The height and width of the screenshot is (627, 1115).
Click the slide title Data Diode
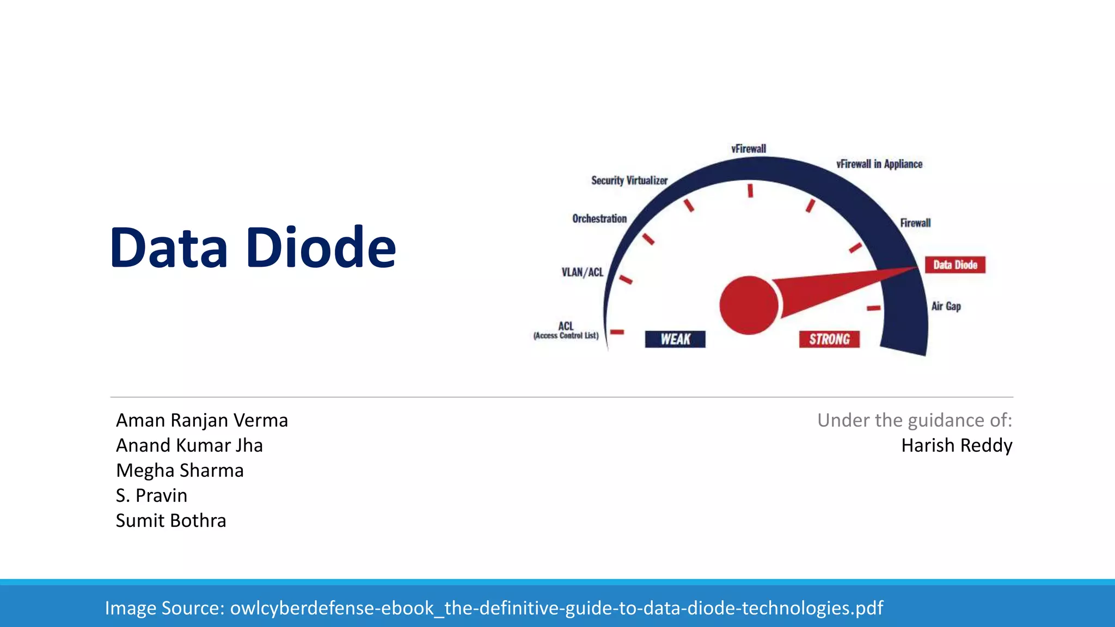click(253, 248)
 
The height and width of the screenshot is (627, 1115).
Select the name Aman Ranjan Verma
click(201, 420)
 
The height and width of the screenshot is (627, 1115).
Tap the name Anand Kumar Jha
click(189, 445)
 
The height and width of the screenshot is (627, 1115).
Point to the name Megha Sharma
click(180, 470)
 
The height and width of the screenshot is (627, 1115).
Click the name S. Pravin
click(151, 495)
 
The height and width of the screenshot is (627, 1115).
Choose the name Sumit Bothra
click(170, 520)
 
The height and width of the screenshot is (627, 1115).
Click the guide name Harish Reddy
click(957, 445)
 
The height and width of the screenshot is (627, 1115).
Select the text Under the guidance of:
click(914, 420)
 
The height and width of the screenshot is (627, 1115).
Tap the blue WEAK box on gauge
click(675, 339)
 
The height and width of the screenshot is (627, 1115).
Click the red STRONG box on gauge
click(829, 339)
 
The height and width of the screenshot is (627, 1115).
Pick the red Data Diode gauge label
click(955, 265)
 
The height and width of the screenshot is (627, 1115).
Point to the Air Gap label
click(946, 306)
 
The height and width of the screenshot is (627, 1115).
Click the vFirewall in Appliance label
click(879, 164)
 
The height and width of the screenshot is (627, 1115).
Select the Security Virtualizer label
click(629, 180)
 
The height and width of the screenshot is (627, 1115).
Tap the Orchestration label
click(599, 218)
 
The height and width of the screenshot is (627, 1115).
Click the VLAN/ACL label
click(583, 272)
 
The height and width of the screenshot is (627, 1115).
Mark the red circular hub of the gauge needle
click(749, 305)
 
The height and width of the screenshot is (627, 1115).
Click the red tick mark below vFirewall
click(750, 190)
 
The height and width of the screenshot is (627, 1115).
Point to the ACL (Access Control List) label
click(566, 330)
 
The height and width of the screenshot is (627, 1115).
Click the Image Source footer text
click(494, 607)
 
